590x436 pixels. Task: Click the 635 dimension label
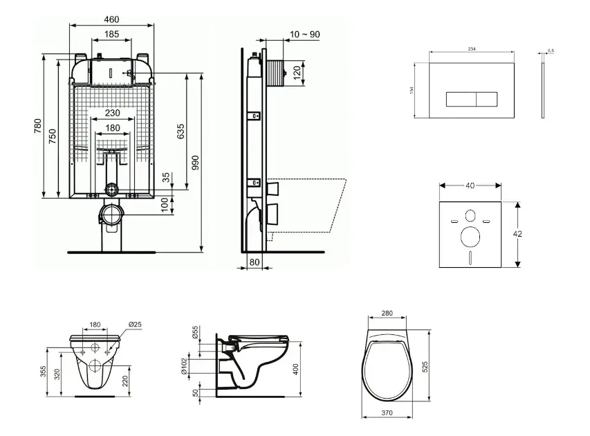tap(181, 131)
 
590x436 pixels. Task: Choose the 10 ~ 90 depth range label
tap(305, 35)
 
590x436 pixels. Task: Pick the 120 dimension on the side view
tap(297, 71)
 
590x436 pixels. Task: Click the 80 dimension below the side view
tap(254, 262)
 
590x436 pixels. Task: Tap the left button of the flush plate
tap(460, 99)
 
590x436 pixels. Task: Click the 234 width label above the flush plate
tap(473, 49)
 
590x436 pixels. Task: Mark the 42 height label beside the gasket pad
tap(517, 234)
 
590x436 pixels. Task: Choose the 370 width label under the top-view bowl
tap(387, 414)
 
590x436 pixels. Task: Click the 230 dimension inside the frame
tap(112, 113)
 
